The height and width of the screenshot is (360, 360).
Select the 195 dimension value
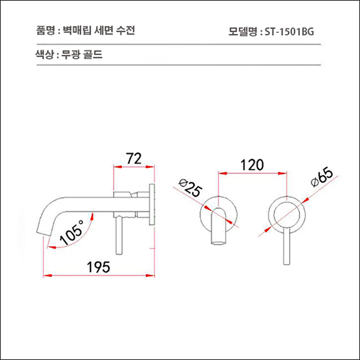pyautogui.click(x=98, y=267)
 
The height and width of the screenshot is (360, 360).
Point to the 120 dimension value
pyautogui.click(x=252, y=165)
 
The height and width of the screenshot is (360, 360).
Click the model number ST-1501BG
pyautogui.click(x=289, y=32)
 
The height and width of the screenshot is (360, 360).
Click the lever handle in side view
pyautogui.click(x=120, y=234)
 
